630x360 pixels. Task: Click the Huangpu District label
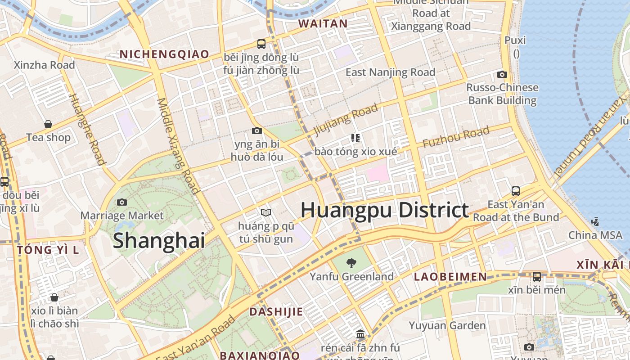pyautogui.click(x=385, y=210)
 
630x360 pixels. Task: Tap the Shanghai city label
pyautogui.click(x=158, y=240)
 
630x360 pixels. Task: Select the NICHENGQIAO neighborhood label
pyautogui.click(x=164, y=54)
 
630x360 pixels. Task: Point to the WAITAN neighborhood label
pyautogui.click(x=323, y=24)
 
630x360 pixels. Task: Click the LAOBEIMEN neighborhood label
pyautogui.click(x=450, y=277)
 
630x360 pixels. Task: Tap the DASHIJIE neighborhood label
pyautogui.click(x=276, y=311)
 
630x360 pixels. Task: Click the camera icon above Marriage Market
pyautogui.click(x=121, y=202)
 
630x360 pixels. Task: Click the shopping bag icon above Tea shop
pyautogui.click(x=48, y=124)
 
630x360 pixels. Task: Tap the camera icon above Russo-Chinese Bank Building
pyautogui.click(x=502, y=74)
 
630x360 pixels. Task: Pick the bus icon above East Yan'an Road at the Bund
pyautogui.click(x=516, y=191)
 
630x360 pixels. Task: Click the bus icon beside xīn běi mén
pyautogui.click(x=536, y=277)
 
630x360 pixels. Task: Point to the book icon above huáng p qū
pyautogui.click(x=266, y=212)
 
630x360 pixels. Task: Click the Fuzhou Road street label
pyautogui.click(x=455, y=138)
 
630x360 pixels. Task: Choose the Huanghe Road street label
pyautogui.click(x=87, y=129)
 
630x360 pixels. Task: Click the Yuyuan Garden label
pyautogui.click(x=447, y=325)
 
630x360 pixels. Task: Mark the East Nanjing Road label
pyautogui.click(x=390, y=72)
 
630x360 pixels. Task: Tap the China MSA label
pyautogui.click(x=595, y=235)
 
